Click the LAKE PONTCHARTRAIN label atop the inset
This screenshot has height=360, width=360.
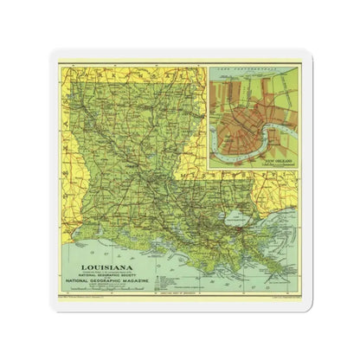251,70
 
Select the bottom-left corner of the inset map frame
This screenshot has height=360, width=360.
209,170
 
